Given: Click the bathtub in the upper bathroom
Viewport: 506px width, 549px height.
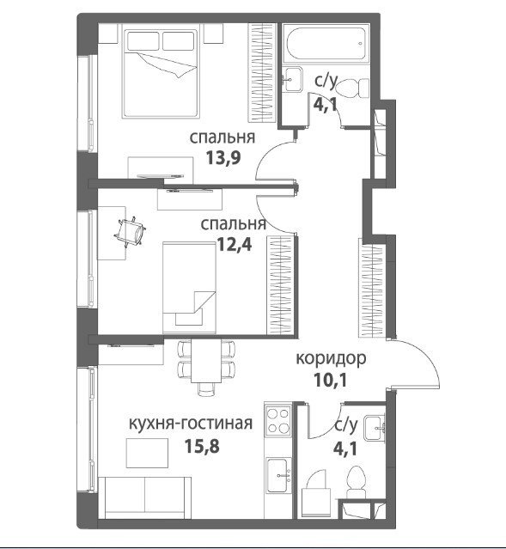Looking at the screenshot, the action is (326, 44).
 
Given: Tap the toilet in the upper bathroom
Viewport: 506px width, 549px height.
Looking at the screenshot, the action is (354, 88).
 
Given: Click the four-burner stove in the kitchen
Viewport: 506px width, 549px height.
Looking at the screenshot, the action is (278, 420).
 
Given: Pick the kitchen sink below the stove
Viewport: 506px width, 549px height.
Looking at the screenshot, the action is (278, 475).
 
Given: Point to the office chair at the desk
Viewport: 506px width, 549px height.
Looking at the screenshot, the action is (131, 231).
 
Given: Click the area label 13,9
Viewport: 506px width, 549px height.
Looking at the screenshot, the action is (223, 158).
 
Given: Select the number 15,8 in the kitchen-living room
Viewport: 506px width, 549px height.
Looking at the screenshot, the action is (202, 446).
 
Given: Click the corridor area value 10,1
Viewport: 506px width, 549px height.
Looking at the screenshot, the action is (331, 381).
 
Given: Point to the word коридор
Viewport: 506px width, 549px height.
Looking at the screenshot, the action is (332, 358).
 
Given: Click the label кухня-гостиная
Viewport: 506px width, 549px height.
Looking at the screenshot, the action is (191, 424).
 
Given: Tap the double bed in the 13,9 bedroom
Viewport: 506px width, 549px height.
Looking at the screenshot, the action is (161, 74).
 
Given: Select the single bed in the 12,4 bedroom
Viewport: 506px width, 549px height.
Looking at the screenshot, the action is (190, 288).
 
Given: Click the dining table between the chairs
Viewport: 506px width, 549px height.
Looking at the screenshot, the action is (206, 360).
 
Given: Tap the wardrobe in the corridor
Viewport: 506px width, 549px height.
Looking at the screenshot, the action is (372, 288).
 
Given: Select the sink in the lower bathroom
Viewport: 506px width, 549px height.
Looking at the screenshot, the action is (375, 428).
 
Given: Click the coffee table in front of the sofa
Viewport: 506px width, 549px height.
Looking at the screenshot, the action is (148, 453).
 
